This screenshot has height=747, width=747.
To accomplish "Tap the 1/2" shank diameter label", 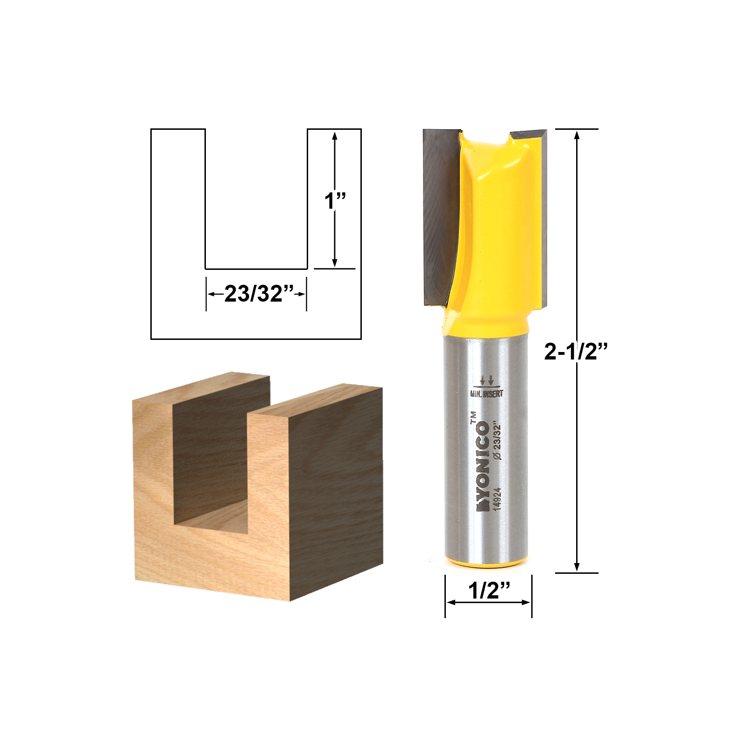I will tap(488, 592).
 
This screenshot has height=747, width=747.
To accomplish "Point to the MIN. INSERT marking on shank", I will tap(486, 394).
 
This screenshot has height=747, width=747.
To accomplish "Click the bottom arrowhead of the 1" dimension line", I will tap(335, 263).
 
